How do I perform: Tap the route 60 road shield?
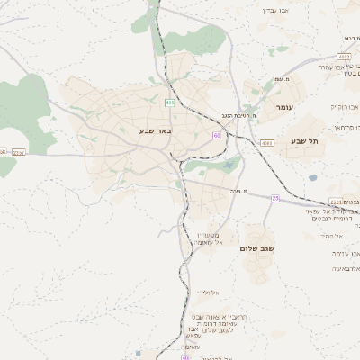tap(217, 135)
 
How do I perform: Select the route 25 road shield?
tap(275, 198)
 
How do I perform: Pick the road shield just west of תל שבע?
tap(266, 143)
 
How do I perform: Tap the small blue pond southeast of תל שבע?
tap(312, 177)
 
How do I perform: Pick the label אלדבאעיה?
tap(324, 268)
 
